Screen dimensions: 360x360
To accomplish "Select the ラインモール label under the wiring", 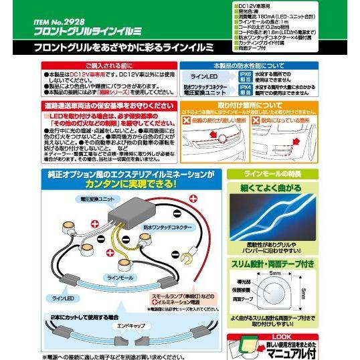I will (116, 275).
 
